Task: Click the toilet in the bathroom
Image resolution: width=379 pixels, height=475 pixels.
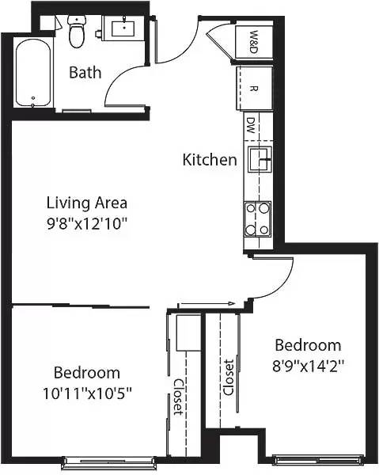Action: click(76, 32)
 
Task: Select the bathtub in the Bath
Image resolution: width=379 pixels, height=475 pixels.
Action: click(33, 74)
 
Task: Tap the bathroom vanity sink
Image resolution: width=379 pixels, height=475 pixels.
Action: click(123, 27)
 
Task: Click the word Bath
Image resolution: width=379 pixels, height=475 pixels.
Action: click(85, 73)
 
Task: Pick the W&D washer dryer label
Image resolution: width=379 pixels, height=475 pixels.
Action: click(254, 41)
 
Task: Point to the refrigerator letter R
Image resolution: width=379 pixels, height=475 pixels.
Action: click(253, 89)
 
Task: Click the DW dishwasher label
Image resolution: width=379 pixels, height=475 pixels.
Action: click(250, 125)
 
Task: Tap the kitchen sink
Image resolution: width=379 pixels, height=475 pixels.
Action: click(260, 159)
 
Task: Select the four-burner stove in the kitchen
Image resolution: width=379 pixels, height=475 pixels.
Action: click(257, 219)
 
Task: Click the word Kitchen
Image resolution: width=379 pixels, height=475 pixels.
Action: click(210, 160)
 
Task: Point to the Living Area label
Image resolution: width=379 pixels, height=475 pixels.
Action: click(87, 203)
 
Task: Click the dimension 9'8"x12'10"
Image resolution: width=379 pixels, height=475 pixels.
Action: click(86, 224)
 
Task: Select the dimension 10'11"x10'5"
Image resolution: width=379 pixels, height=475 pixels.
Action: click(87, 393)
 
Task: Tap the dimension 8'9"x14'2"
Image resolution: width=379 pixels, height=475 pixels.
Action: click(308, 366)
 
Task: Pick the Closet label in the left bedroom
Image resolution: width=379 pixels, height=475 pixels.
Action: click(178, 397)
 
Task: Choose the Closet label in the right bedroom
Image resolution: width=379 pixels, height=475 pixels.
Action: click(229, 378)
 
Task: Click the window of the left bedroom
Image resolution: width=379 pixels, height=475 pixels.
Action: click(109, 461)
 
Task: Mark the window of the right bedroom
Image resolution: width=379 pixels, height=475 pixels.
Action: click(319, 460)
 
